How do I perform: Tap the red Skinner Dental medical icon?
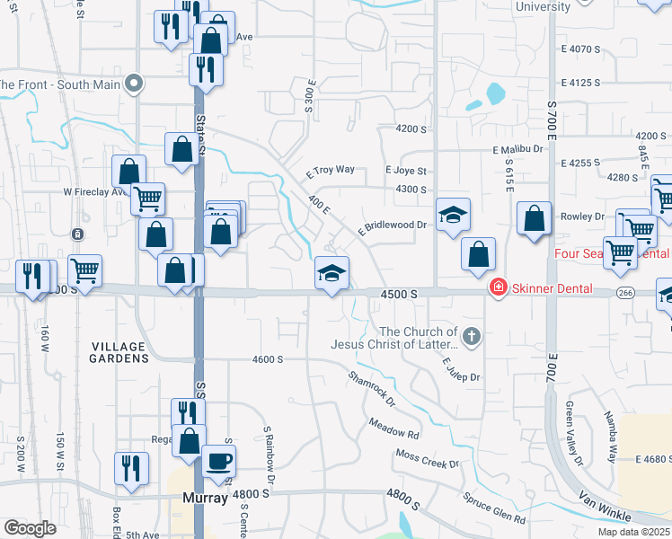(x=496, y=287)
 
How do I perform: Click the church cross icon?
(x=473, y=338)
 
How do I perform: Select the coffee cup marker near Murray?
(x=218, y=462)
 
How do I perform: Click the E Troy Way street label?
(x=330, y=170)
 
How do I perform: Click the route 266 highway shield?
(x=627, y=293)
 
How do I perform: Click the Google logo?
(x=30, y=528)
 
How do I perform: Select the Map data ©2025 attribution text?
(x=633, y=532)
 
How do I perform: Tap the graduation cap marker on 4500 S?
(x=332, y=273)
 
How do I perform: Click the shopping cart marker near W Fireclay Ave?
(x=147, y=198)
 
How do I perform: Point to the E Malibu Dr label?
(x=518, y=149)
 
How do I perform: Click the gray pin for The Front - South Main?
(x=135, y=84)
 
